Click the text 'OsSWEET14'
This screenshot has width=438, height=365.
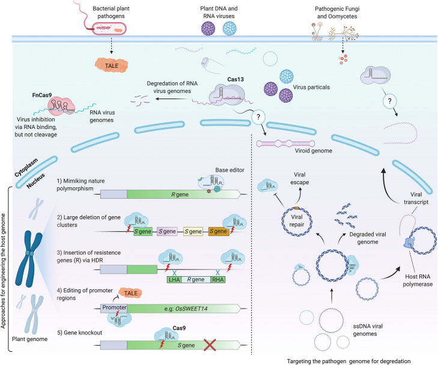(x=193, y=309)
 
